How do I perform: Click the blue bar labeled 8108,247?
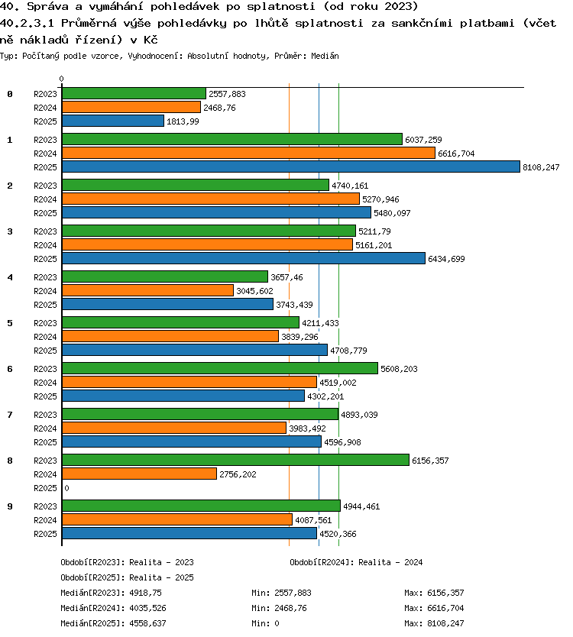(291, 167)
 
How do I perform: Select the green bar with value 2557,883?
(134, 93)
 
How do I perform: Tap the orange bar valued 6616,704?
(249, 153)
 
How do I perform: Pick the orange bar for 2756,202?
(139, 474)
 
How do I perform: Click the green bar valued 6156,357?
(236, 460)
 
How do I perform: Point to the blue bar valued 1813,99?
(113, 121)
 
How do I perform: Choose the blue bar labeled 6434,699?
(244, 258)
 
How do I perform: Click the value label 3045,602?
(255, 291)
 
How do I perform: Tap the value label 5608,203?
(399, 369)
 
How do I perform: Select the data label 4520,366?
(338, 534)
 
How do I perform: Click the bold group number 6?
(10, 369)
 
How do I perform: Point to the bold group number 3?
(10, 231)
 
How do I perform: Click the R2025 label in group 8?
(45, 488)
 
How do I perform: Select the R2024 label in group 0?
(45, 108)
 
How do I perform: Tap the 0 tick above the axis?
(61, 79)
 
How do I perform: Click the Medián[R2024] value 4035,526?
(148, 608)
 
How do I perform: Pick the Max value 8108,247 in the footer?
(446, 623)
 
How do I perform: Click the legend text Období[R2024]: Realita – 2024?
(356, 562)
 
